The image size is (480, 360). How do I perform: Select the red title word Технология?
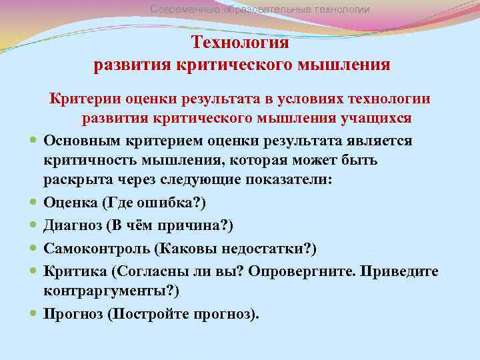point(240,43)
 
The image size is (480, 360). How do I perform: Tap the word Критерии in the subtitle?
point(80,99)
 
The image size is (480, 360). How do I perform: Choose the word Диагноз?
point(72,227)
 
